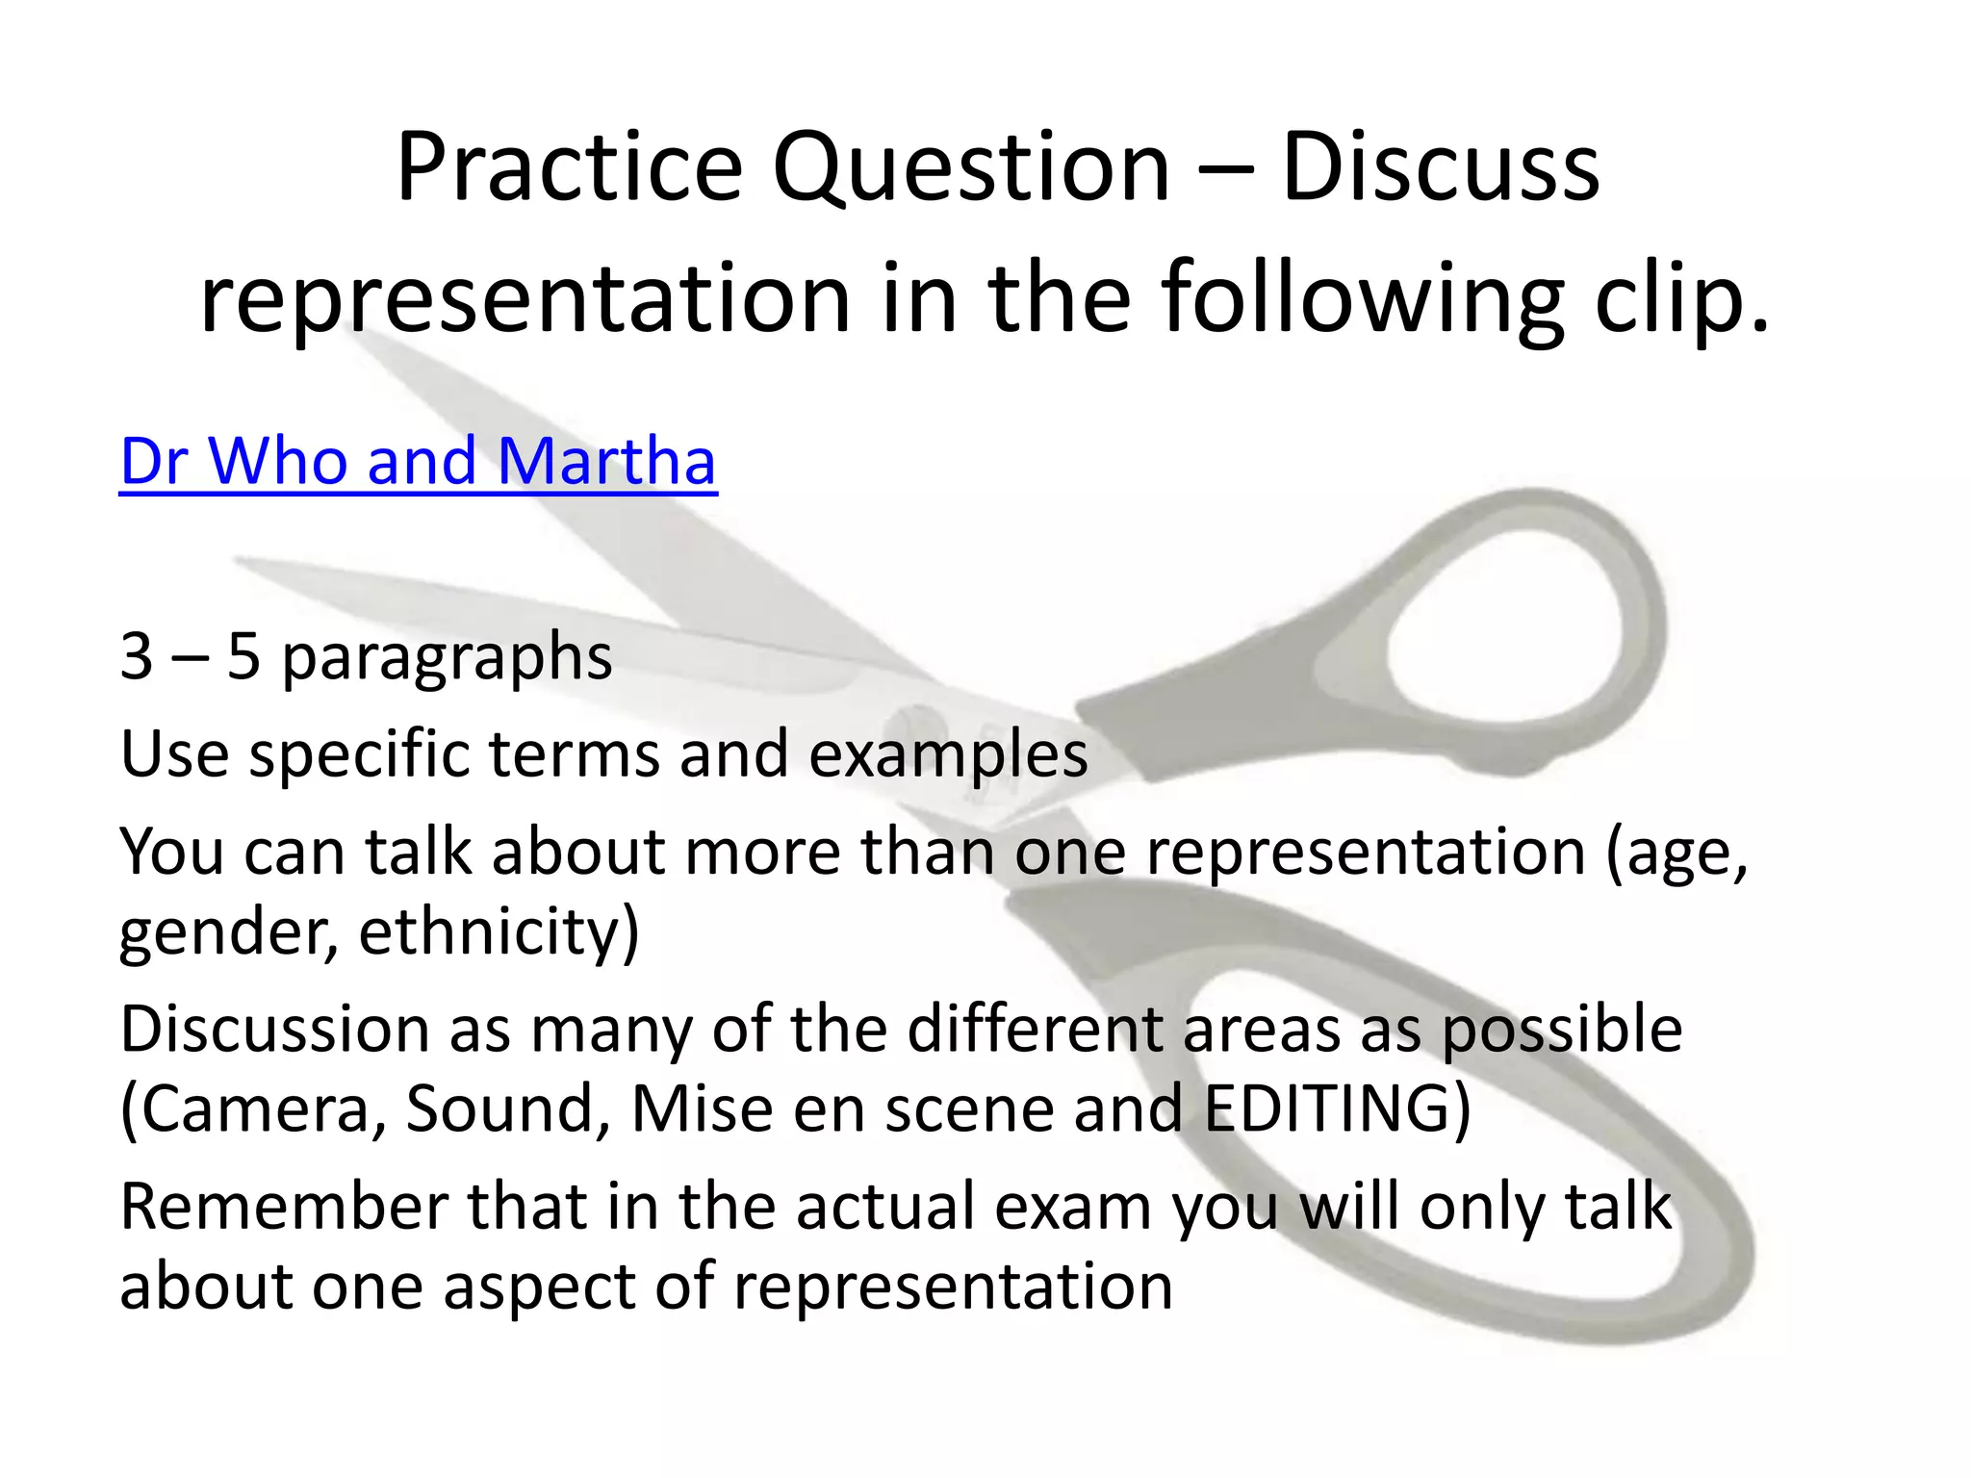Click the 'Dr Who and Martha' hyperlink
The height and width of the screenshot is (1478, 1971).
(418, 461)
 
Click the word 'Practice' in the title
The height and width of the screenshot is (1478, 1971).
(569, 167)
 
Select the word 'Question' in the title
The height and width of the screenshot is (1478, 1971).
(971, 169)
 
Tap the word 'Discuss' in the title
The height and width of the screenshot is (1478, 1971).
(1441, 167)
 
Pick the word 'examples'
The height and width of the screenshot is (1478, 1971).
(948, 753)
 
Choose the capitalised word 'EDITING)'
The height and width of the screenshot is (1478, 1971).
(1337, 1109)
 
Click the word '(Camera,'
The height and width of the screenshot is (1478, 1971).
(252, 1109)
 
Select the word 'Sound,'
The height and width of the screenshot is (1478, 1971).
(508, 1109)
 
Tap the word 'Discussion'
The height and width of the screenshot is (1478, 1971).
(273, 1030)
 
